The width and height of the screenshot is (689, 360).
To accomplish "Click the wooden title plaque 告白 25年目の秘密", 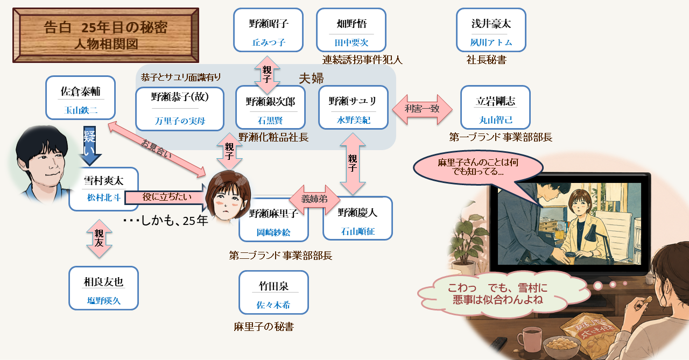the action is point(106,36).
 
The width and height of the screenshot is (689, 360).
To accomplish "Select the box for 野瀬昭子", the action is point(268,30).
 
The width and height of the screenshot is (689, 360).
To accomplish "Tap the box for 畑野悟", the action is point(351,30).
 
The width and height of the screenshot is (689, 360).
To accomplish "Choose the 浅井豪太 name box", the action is point(491,30).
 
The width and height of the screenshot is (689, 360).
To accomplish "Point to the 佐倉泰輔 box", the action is point(81,98).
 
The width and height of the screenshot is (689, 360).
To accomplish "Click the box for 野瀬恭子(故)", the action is point(180,109).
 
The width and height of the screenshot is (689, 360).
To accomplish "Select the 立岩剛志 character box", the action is point(496,107).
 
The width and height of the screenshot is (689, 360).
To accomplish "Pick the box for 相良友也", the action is point(104,288).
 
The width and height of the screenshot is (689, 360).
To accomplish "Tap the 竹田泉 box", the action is point(274,292).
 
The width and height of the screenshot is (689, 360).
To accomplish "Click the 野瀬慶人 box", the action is point(358,218).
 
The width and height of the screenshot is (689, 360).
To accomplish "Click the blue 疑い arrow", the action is point(89,146).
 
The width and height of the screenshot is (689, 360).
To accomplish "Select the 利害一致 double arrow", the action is point(422,109).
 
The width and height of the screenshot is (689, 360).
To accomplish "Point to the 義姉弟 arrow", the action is point(315,200).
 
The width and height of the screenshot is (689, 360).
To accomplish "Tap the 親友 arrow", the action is point(99,238).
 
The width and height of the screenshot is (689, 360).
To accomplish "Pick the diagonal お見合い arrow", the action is point(157,150).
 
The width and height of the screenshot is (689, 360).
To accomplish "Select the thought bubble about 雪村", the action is point(498,294).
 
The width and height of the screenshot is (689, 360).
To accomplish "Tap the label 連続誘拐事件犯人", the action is point(362,60).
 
